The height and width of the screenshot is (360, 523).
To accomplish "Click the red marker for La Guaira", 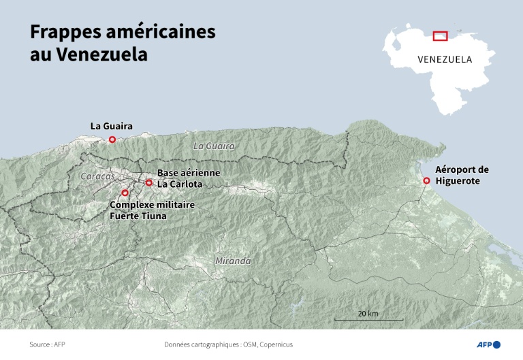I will [112, 140].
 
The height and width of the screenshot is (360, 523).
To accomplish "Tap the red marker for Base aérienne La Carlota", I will [148, 182].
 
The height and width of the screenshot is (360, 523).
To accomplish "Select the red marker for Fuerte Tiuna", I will [125, 193].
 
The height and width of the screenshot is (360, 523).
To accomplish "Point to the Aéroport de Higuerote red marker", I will [426, 180].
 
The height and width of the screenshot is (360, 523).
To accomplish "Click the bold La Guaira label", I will [111, 126].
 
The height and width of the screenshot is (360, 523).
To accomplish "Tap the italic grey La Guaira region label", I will [214, 146].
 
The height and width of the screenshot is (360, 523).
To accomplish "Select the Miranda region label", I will [232, 261].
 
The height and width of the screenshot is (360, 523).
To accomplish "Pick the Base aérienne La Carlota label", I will [189, 178].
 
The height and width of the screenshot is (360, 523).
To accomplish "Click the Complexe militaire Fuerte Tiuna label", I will [152, 210].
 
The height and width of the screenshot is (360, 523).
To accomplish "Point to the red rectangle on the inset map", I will [440, 35].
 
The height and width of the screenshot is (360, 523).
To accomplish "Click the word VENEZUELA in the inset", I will [445, 59].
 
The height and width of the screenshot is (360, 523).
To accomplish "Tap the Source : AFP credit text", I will [47, 344].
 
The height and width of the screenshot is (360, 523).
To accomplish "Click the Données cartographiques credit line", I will [228, 344].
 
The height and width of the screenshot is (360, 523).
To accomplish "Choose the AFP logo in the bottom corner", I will [488, 344].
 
